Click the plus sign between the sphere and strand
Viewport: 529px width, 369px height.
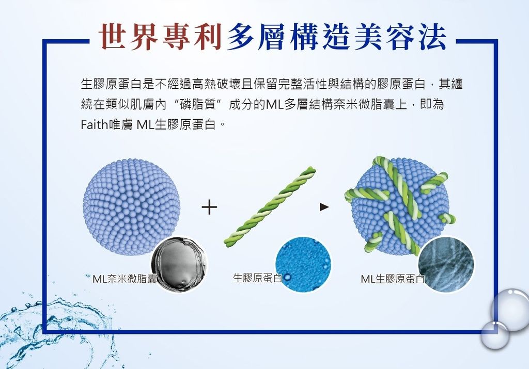pos(209,207)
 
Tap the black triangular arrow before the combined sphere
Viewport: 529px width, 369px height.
pos(324,207)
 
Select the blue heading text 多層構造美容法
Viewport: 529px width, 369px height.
pos(336,37)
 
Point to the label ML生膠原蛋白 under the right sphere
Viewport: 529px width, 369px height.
pos(393,279)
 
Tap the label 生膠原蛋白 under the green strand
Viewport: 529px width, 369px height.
pos(257,278)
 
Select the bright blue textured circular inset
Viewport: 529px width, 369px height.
pos(303,264)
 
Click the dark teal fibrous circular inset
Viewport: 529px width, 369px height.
pos(446,264)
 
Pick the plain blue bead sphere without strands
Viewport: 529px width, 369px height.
pos(132,206)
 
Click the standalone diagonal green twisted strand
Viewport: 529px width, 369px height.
pos(270,206)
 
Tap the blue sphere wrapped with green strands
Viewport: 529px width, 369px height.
pos(400,206)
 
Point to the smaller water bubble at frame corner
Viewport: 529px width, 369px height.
pos(494,335)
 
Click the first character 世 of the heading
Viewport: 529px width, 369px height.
pos(114,37)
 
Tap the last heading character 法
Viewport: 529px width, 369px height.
pos(432,37)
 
